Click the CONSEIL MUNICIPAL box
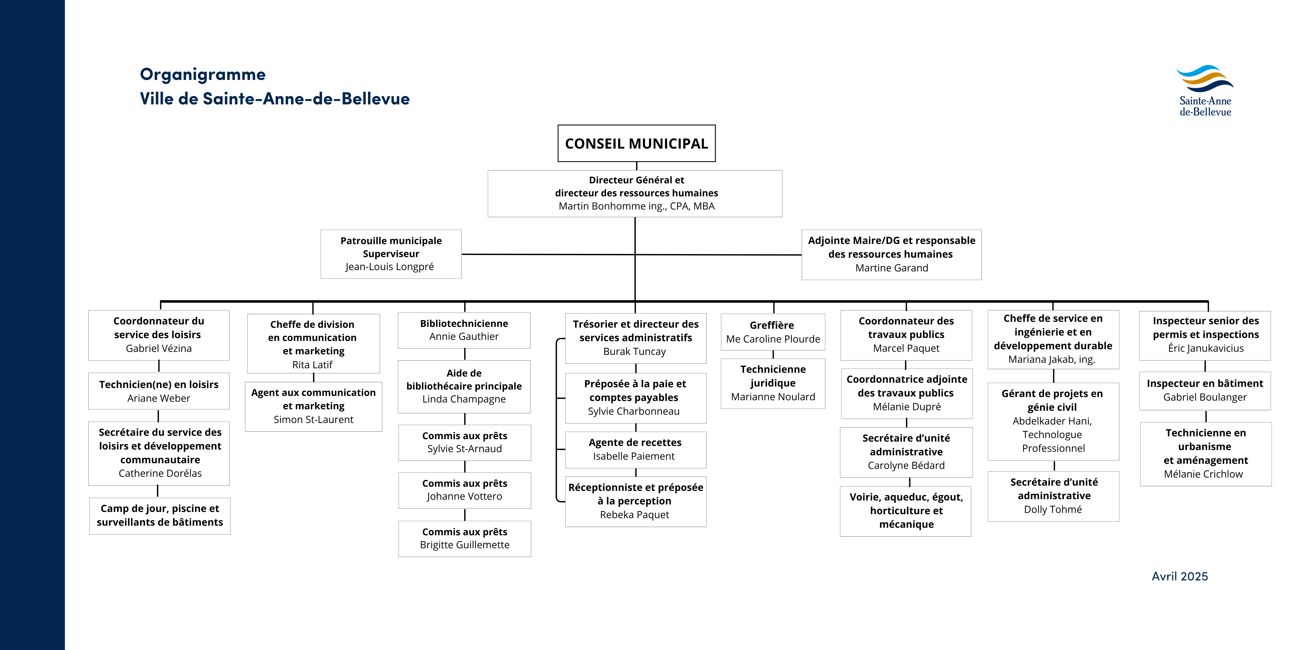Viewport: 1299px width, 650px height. coord(636,143)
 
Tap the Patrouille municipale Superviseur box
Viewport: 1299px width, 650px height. coord(391,254)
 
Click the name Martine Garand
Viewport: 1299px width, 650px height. coord(892,268)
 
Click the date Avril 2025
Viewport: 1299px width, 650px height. coord(1179,576)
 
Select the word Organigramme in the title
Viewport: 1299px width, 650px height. coord(203,75)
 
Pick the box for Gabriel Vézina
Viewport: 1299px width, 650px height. coord(159,335)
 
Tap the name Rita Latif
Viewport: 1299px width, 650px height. coord(312,364)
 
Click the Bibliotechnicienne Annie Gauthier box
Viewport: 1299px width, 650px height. coord(464,330)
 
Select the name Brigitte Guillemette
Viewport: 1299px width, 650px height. coord(464,545)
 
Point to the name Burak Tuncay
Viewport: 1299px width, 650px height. coord(634,351)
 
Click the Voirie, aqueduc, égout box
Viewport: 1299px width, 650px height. coord(906,511)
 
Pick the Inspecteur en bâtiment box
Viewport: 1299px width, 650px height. coord(1205,391)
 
